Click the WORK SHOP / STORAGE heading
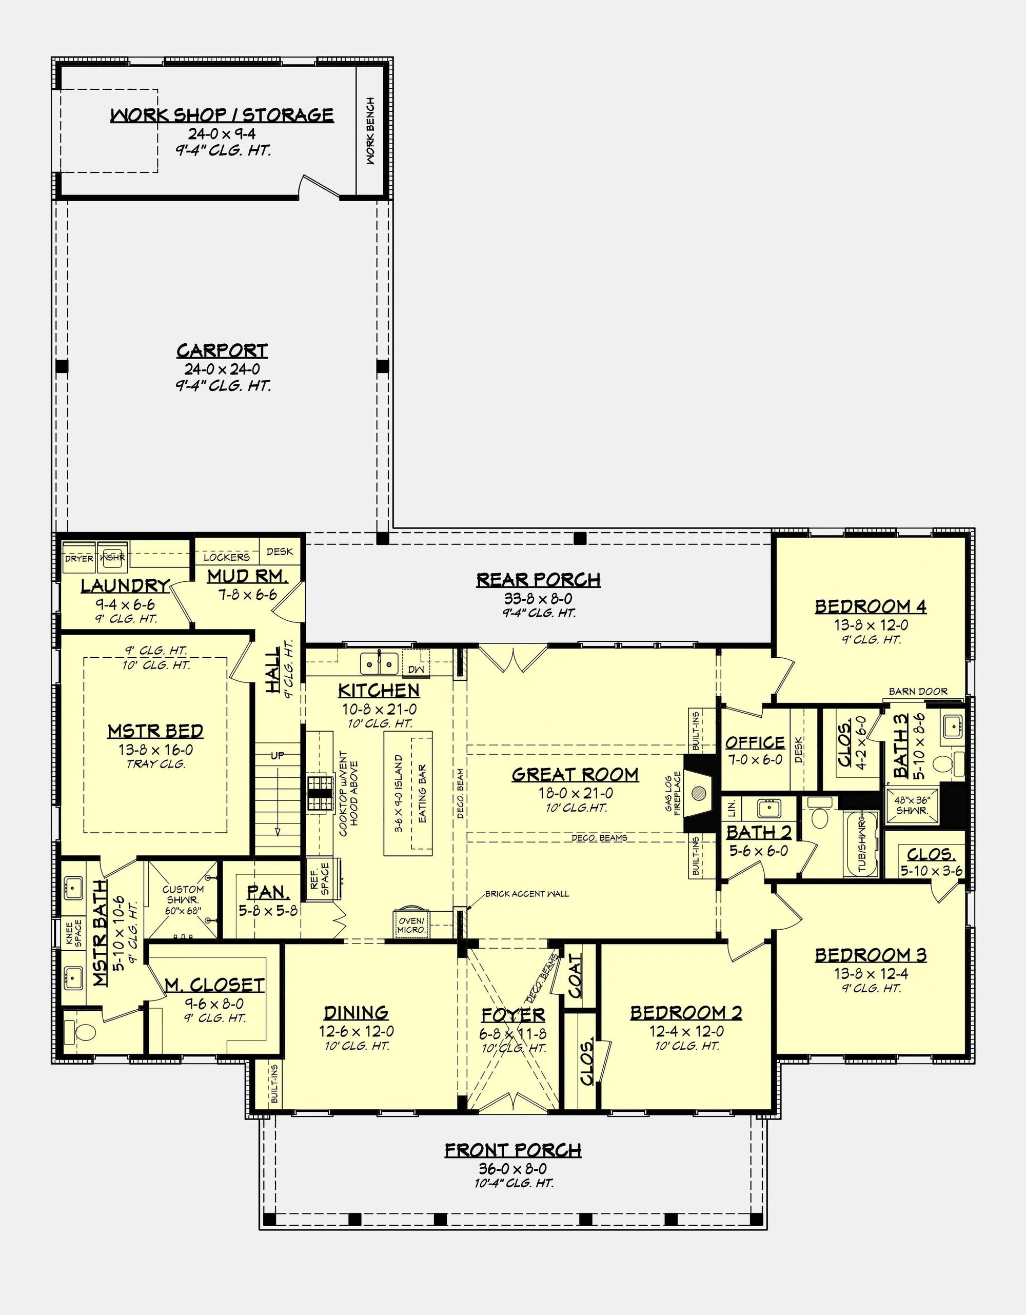(x=222, y=115)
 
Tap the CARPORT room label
(x=222, y=350)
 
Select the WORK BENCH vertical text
(x=370, y=131)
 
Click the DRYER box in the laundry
(x=79, y=558)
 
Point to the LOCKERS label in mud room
(x=226, y=557)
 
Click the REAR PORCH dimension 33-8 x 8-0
(x=538, y=598)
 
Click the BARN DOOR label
(x=918, y=691)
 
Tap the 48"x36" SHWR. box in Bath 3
(x=912, y=805)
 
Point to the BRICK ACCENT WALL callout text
(x=526, y=894)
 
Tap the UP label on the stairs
(x=277, y=755)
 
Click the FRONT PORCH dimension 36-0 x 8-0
(x=513, y=1169)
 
